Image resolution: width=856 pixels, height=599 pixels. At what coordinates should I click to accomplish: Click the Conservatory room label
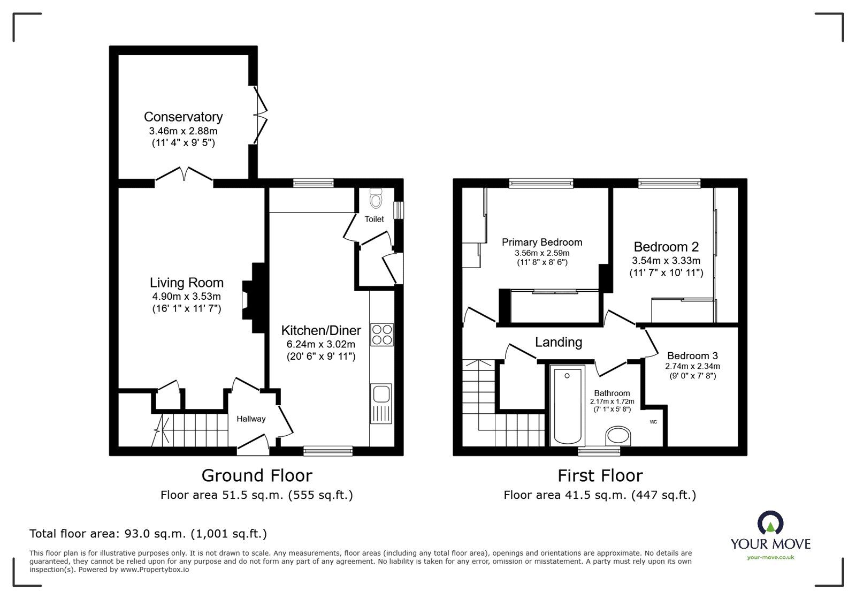[183, 117]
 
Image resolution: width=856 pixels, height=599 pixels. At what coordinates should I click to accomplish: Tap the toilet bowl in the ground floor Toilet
[376, 200]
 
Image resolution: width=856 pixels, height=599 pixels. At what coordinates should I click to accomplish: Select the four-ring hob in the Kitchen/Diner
[382, 334]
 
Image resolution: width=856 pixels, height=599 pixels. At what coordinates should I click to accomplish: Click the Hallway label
[251, 419]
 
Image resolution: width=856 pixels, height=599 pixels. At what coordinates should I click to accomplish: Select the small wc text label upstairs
[653, 422]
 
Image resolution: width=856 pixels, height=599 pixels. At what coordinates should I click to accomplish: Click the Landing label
[559, 342]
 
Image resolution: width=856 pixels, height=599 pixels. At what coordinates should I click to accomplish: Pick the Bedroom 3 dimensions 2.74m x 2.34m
[692, 367]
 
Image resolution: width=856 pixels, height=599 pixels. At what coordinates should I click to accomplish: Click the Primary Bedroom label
[541, 242]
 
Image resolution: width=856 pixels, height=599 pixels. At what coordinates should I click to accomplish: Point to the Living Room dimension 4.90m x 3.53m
[186, 297]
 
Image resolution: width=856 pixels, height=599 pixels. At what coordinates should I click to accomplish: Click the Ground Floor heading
[256, 475]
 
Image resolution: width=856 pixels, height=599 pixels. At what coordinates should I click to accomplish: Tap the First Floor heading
[600, 475]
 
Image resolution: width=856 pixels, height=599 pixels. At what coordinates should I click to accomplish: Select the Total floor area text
[148, 534]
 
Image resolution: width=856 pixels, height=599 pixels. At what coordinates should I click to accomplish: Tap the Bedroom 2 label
[666, 247]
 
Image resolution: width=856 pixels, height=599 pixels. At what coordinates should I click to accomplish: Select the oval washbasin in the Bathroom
[619, 436]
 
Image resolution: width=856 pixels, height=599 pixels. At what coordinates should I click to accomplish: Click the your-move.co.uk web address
[770, 558]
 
